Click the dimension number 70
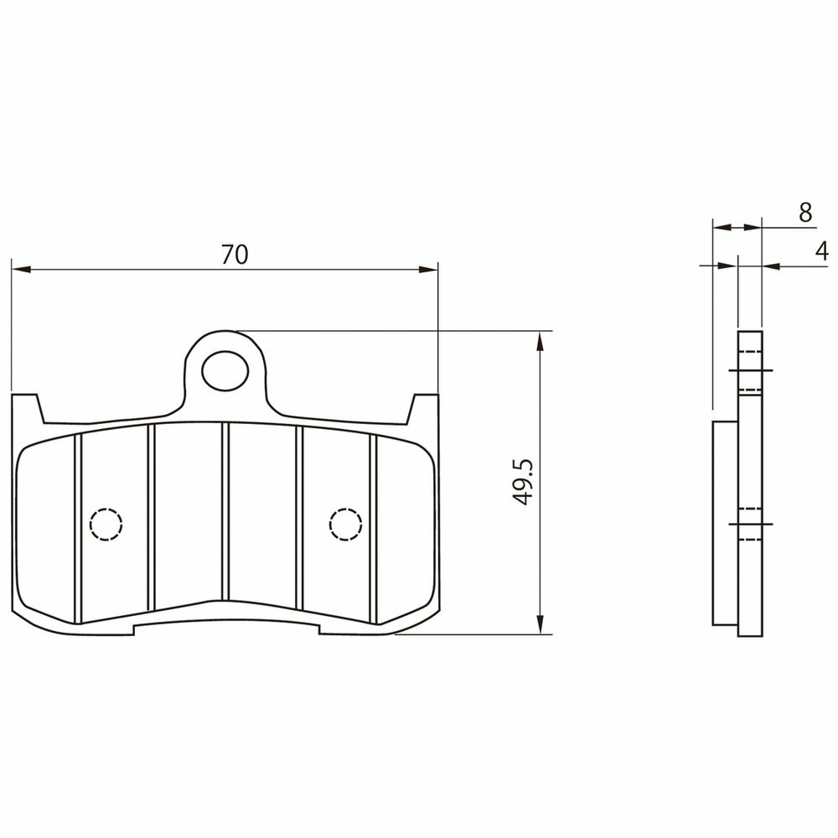[235, 255]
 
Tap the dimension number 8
[806, 213]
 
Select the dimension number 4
[822, 251]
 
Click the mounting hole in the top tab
[225, 370]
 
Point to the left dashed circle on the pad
[106, 524]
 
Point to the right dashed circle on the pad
[346, 524]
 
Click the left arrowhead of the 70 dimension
[21, 269]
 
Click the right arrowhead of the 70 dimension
[428, 269]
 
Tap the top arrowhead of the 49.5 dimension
[541, 341]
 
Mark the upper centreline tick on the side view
[751, 370]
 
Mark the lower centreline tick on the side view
[751, 525]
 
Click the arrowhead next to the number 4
[772, 265]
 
